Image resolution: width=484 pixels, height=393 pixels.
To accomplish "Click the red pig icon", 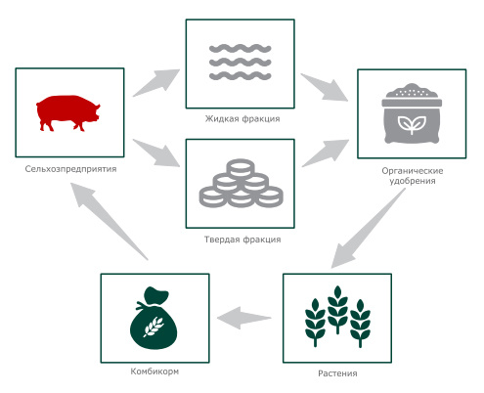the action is pyautogui.click(x=67, y=112).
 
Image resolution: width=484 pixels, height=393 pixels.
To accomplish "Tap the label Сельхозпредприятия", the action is pyautogui.click(x=70, y=169).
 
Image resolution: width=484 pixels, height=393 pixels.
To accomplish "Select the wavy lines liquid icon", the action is pyautogui.click(x=240, y=63).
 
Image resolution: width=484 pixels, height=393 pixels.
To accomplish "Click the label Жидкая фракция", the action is pyautogui.click(x=242, y=118).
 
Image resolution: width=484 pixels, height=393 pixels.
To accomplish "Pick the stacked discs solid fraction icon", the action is pyautogui.click(x=241, y=184).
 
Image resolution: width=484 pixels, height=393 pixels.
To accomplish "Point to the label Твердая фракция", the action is pyautogui.click(x=242, y=240).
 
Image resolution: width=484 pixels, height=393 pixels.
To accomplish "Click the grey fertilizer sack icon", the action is pyautogui.click(x=412, y=113).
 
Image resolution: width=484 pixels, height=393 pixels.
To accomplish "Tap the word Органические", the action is pyautogui.click(x=413, y=171).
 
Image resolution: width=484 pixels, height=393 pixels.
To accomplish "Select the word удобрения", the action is pyautogui.click(x=413, y=181).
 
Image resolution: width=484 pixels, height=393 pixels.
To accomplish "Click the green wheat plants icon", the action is pyautogui.click(x=337, y=317).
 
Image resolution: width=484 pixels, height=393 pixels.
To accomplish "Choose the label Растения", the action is pyautogui.click(x=337, y=373).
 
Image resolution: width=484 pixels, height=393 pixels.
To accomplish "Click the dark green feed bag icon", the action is pyautogui.click(x=154, y=318).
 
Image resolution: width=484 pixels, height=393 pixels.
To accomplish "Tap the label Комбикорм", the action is pyautogui.click(x=154, y=371).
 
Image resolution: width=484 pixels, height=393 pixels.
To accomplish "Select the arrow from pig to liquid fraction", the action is pyautogui.click(x=157, y=82).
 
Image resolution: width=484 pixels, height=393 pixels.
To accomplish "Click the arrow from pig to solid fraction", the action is pyautogui.click(x=157, y=153).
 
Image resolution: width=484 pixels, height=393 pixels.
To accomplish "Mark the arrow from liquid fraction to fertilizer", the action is pyautogui.click(x=325, y=87).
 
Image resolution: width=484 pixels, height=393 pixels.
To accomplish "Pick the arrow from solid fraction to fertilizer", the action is pyautogui.click(x=326, y=153).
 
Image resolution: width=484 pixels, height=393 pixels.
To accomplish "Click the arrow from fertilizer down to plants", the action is pyautogui.click(x=369, y=228).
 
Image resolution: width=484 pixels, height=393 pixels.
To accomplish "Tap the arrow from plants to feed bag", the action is pyautogui.click(x=244, y=318).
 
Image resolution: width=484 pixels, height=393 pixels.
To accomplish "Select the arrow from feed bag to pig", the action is pyautogui.click(x=109, y=221).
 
